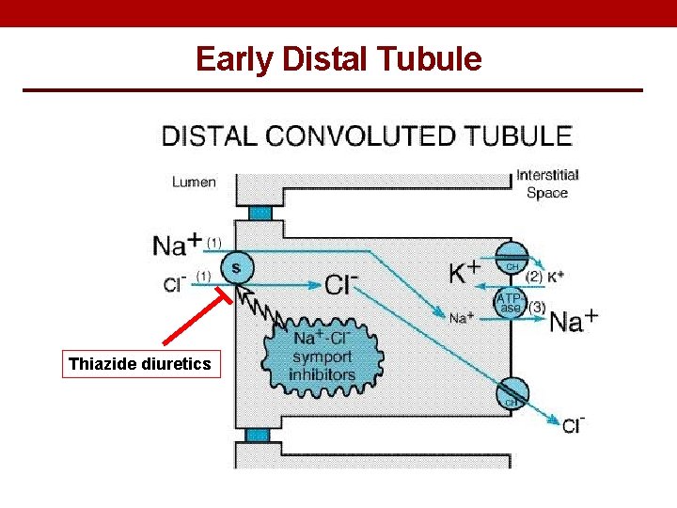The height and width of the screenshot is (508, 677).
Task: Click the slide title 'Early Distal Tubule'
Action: (338, 59)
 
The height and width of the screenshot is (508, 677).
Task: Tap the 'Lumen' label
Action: (194, 183)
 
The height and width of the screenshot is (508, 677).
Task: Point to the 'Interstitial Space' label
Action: (547, 183)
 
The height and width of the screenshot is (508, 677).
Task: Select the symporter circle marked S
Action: (235, 269)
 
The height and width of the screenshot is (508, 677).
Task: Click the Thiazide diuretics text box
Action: (140, 363)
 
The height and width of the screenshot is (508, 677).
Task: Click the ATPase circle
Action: (511, 303)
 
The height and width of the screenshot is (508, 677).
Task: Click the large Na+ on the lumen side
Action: (175, 246)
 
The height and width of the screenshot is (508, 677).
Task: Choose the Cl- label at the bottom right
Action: (572, 426)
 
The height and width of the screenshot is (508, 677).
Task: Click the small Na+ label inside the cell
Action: (460, 318)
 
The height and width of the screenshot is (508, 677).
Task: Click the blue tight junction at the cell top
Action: (260, 213)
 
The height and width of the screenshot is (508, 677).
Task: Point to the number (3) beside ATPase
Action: (537, 306)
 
